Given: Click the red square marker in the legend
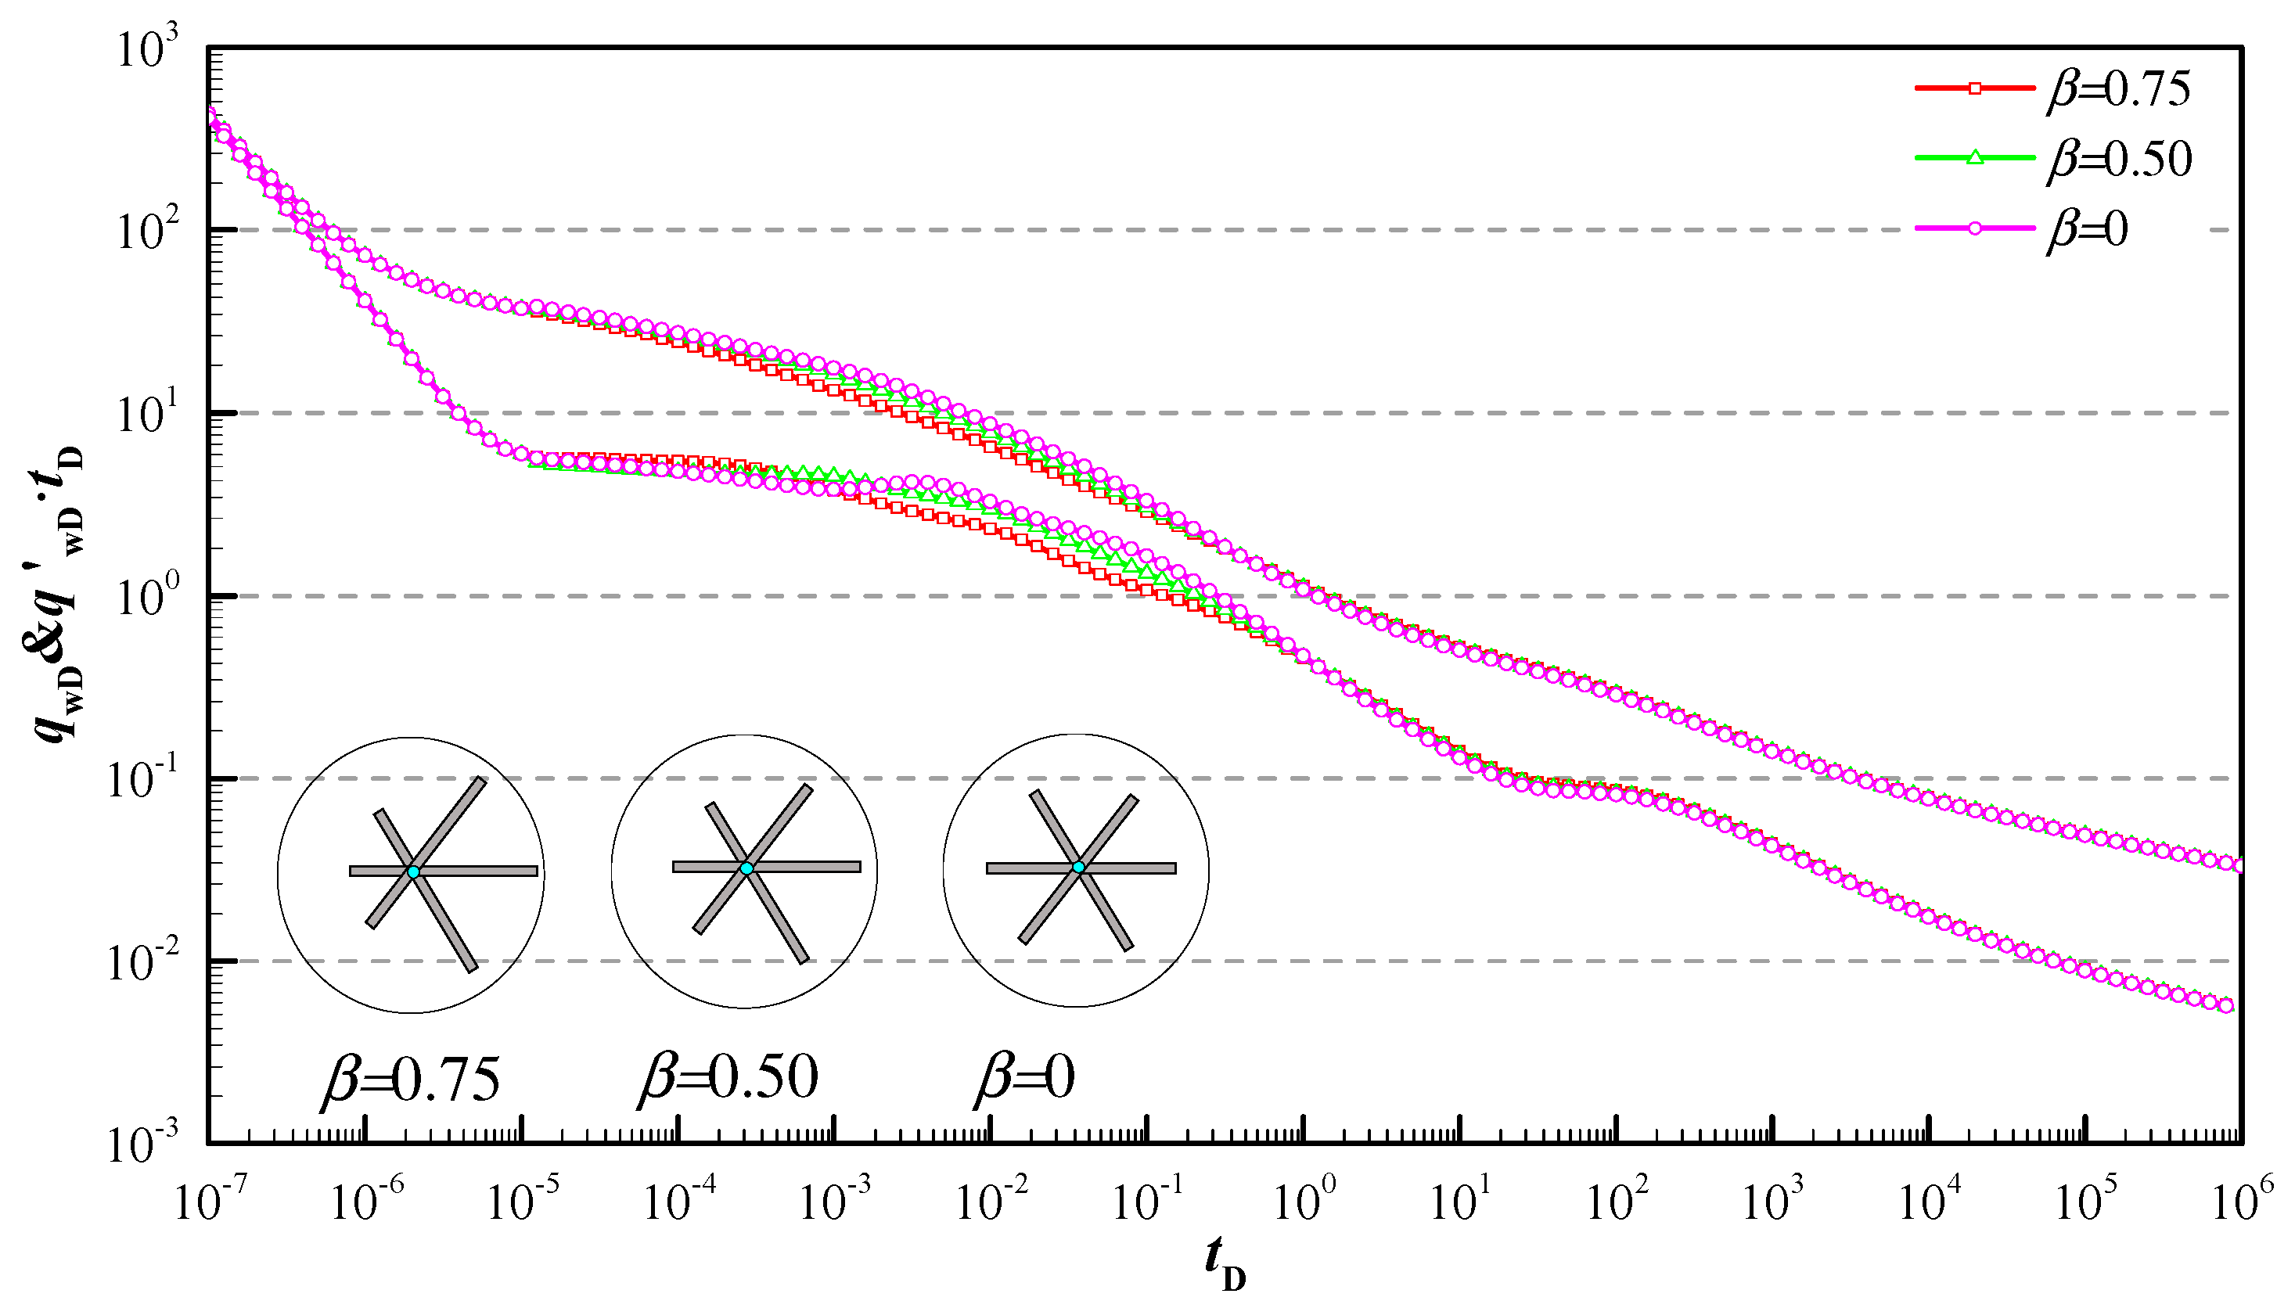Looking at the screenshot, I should click(x=1974, y=88).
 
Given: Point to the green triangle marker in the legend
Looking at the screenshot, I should click(x=1974, y=158).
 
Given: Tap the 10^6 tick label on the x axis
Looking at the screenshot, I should click(x=2242, y=1200).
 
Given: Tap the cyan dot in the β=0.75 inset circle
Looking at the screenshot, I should click(x=413, y=871).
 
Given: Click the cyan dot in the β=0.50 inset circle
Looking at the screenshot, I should click(x=746, y=868).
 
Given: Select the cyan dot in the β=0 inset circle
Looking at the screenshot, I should click(x=1078, y=867).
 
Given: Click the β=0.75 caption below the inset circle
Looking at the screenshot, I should click(x=411, y=1078).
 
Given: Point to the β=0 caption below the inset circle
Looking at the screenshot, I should click(x=1024, y=1076).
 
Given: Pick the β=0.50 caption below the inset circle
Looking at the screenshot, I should click(x=728, y=1076).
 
